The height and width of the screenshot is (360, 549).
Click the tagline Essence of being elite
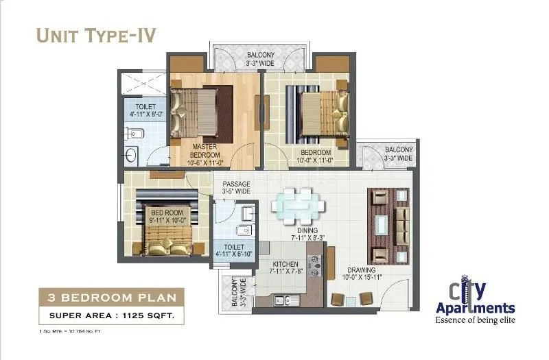[475, 319]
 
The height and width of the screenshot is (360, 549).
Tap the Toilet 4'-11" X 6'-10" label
[234, 250]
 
